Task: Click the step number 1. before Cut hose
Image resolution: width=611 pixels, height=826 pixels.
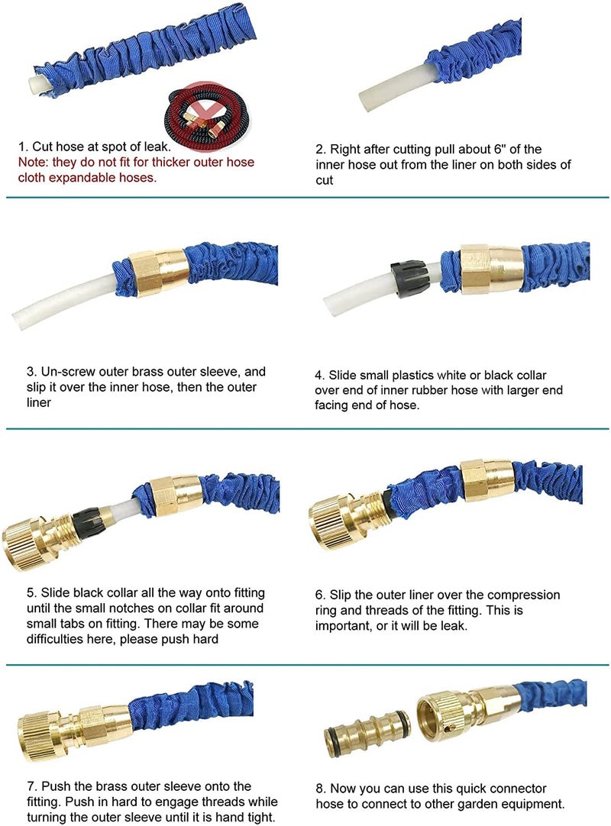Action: point(23,147)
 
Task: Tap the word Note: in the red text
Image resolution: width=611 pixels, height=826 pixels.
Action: point(33,163)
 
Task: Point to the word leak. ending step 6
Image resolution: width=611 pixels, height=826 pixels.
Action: point(454,626)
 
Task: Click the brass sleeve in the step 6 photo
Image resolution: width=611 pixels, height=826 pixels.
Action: point(487,479)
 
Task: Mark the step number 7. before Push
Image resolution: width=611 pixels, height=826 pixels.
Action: point(32,787)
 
